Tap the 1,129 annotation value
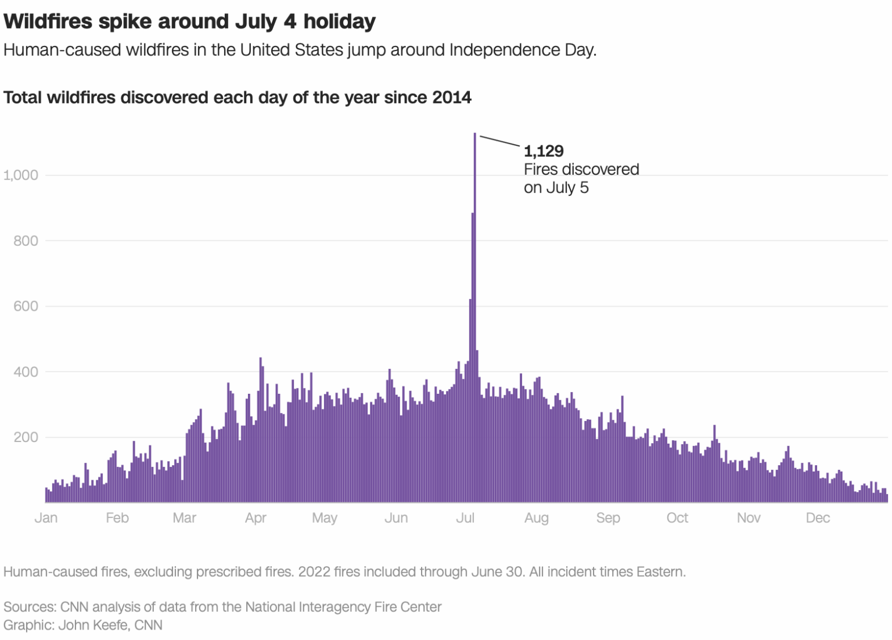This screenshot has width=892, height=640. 544,151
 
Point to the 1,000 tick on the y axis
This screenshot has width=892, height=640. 21,175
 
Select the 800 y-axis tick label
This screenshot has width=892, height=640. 26,240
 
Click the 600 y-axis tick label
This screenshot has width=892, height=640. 26,306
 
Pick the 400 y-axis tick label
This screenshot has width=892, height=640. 26,372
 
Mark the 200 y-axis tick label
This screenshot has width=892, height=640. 26,437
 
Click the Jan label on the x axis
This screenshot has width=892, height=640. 46,517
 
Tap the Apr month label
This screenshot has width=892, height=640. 256,517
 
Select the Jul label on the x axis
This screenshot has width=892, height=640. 465,517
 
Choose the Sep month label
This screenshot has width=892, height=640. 608,517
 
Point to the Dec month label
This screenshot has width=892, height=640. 818,517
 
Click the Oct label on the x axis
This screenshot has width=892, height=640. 677,517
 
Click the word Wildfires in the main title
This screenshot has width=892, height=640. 48,21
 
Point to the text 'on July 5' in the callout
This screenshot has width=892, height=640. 556,188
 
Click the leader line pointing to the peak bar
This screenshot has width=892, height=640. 499,141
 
